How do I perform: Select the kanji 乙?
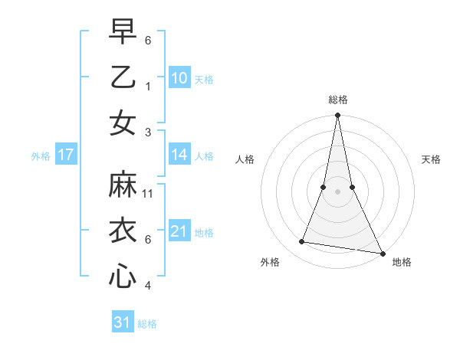point(123,77)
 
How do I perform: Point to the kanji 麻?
point(123,185)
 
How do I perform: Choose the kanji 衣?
point(123,231)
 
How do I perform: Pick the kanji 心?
point(123,277)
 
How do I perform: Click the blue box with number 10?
point(179,78)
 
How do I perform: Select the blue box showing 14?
point(179,155)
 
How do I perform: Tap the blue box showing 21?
point(179,231)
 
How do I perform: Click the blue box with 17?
point(66,155)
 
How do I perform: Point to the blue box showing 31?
point(123,322)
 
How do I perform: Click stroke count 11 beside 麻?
point(148,193)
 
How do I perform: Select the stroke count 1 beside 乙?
point(148,86)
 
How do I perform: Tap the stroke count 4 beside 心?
point(148,286)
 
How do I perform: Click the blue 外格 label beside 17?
point(41,156)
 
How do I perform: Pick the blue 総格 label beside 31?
point(147,324)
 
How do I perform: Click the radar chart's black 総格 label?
point(338,100)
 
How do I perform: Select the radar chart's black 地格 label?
point(402,262)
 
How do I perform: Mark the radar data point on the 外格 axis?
point(302,242)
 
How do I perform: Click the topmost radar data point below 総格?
point(338,116)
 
